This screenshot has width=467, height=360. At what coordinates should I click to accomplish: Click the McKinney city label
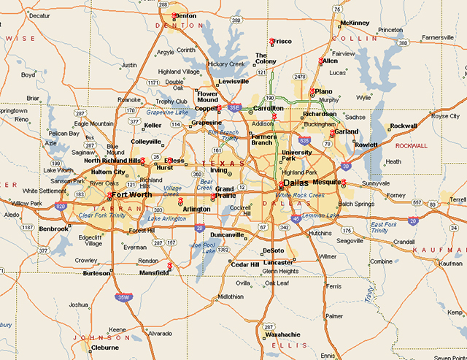tap(355, 23)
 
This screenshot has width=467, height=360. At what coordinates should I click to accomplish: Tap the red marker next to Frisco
tap(271, 41)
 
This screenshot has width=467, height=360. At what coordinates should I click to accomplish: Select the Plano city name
tap(323, 91)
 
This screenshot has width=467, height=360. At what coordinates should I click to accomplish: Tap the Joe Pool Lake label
tap(205, 248)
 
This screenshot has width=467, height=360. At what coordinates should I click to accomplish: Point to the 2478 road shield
tap(299, 77)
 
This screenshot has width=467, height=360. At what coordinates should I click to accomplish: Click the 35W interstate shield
tap(124, 297)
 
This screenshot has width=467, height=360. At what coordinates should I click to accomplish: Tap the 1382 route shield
tap(223, 250)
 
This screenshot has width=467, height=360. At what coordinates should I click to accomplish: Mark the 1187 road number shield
tap(28, 228)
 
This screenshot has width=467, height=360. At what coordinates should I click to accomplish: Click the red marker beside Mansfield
tap(170, 266)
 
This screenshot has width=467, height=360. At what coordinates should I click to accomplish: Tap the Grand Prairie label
tap(224, 193)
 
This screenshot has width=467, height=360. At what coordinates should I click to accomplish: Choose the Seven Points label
tap(447, 357)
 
